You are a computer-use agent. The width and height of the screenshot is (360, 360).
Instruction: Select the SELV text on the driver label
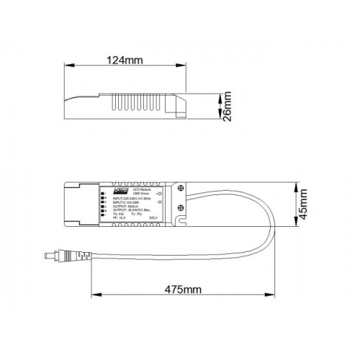pos(153,218)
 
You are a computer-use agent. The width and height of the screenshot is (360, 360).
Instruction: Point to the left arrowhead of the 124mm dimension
pos(67,71)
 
